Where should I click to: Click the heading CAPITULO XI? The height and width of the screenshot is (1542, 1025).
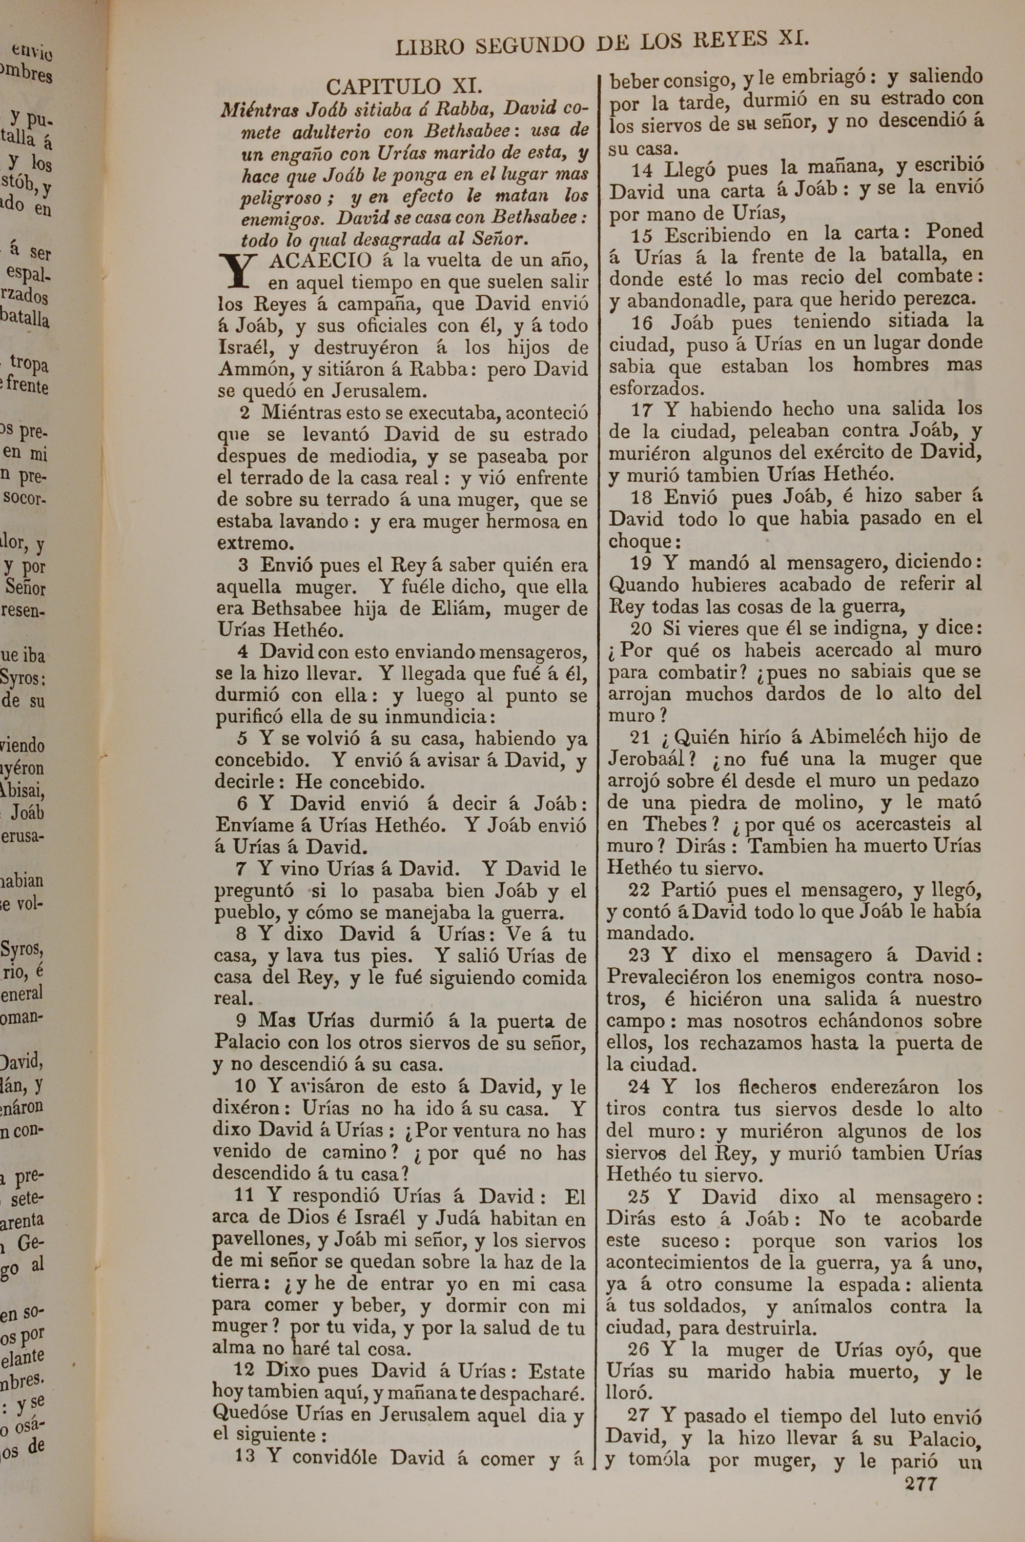pyautogui.click(x=404, y=87)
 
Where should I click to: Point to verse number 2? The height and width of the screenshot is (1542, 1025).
pyautogui.click(x=245, y=413)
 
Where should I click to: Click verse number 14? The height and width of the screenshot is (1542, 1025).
pyautogui.click(x=642, y=169)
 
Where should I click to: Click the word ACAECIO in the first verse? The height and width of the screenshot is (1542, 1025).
pyautogui.click(x=320, y=261)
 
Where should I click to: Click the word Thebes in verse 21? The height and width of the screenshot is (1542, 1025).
pyautogui.click(x=675, y=824)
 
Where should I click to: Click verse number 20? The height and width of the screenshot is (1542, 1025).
pyautogui.click(x=641, y=629)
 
